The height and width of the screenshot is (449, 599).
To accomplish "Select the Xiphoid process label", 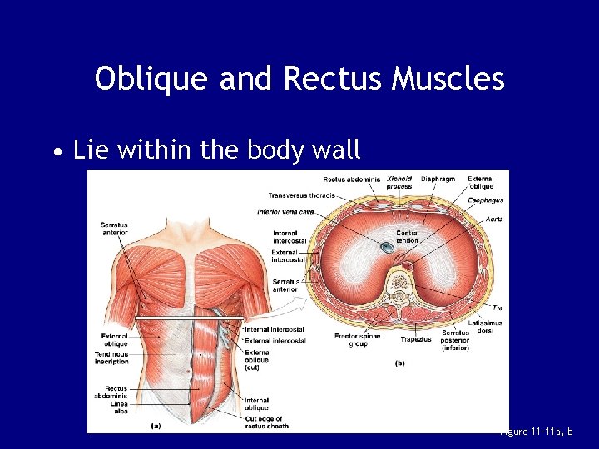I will point(399,182).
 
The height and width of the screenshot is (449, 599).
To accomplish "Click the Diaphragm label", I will point(438,179).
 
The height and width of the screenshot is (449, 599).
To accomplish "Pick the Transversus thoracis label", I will point(301,195).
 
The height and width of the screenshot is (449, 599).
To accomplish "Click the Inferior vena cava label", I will point(285,212).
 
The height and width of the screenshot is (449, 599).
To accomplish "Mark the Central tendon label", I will point(408,237).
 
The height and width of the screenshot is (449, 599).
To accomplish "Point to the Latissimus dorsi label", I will point(484,327).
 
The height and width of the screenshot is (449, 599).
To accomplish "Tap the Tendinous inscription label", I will point(112,358).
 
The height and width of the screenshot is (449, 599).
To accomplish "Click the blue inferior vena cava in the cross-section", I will point(389,247).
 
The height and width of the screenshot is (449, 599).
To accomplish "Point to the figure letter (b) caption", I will point(400,363).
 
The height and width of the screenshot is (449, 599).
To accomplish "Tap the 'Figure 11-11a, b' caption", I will point(545,432).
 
